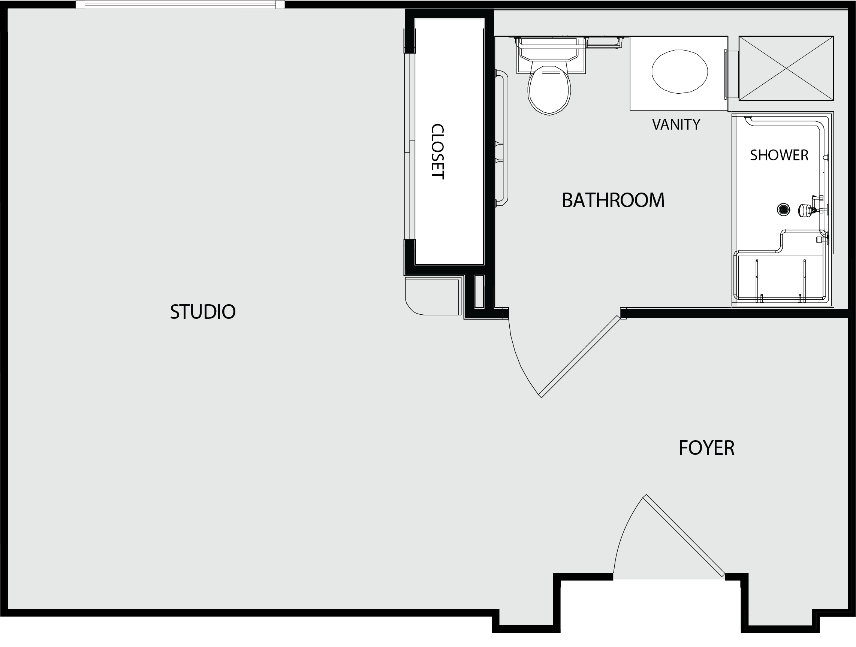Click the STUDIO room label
point(203,312)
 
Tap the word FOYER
point(706,448)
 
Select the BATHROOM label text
point(614,200)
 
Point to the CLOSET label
point(437,152)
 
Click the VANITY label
point(676,124)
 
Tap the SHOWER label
point(779,155)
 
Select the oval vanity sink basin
point(679,72)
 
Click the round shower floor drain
point(784,209)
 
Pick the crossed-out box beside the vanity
point(786,69)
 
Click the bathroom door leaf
point(580,357)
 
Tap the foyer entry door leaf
point(683,536)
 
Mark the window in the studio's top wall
point(180,4)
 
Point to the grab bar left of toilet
point(502,138)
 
